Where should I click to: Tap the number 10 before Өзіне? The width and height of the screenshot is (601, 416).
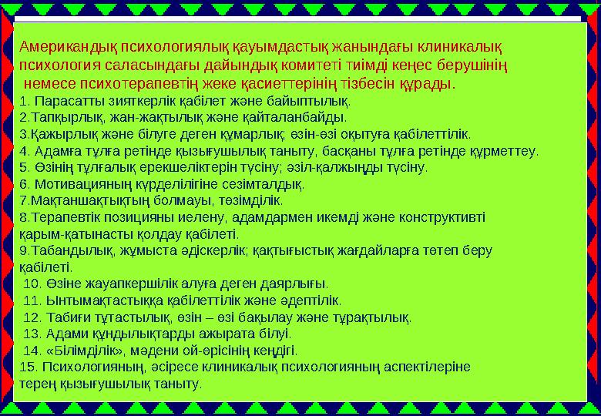click(32, 283)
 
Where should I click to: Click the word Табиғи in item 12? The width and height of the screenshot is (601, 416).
click(65, 317)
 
